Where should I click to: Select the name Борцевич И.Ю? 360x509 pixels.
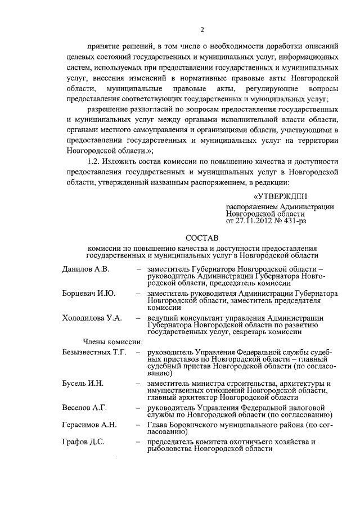89,294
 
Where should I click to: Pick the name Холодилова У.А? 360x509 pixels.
92,318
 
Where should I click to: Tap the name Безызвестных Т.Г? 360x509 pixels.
94,352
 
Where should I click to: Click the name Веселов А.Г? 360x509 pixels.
84,407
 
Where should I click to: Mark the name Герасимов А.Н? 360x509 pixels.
89,425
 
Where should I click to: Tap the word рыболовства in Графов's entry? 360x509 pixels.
169,449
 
